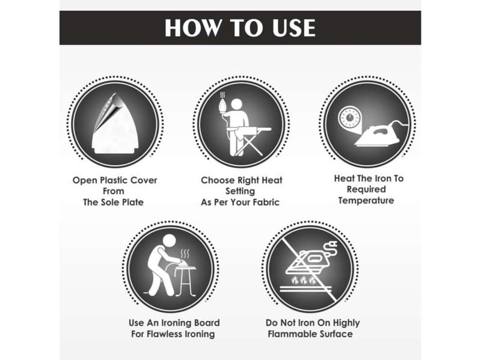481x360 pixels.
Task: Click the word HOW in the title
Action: [x=192, y=28]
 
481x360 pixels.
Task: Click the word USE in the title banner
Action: [x=294, y=28]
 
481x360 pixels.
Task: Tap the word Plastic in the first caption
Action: [x=115, y=181]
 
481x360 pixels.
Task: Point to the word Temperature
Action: [x=366, y=201]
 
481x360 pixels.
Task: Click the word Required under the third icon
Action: [x=366, y=189]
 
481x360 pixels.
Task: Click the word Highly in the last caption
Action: [x=346, y=323]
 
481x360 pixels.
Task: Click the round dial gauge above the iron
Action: [x=349, y=118]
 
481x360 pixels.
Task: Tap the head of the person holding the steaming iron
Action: [x=236, y=104]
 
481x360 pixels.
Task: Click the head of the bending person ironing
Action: [x=169, y=241]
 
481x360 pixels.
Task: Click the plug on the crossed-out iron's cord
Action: [x=334, y=245]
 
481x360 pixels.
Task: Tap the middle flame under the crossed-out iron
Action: [x=304, y=280]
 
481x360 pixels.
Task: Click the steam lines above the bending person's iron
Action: [x=185, y=254]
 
